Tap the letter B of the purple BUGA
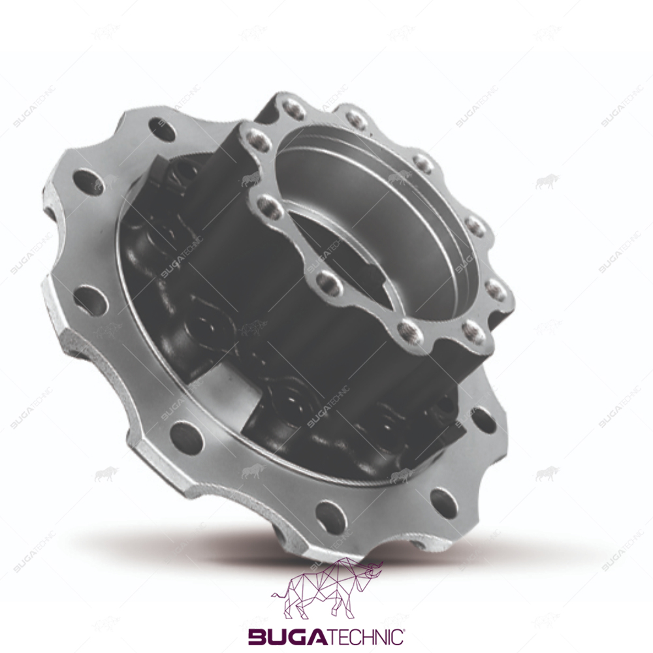click(x=257, y=636)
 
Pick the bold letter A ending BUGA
click(x=315, y=636)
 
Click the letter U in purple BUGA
click(x=276, y=636)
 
